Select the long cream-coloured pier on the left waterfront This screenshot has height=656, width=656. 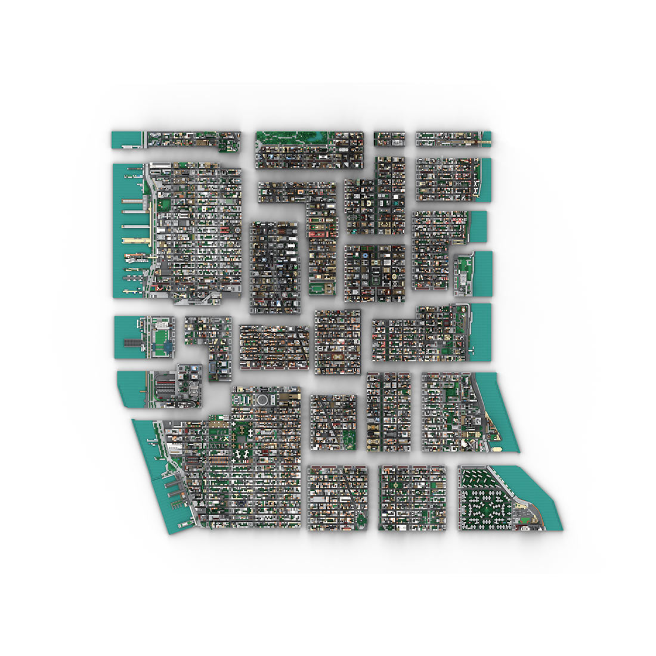(x=136, y=241)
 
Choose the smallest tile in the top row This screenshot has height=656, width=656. (x=389, y=138)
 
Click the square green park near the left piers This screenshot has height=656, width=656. (x=165, y=205)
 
